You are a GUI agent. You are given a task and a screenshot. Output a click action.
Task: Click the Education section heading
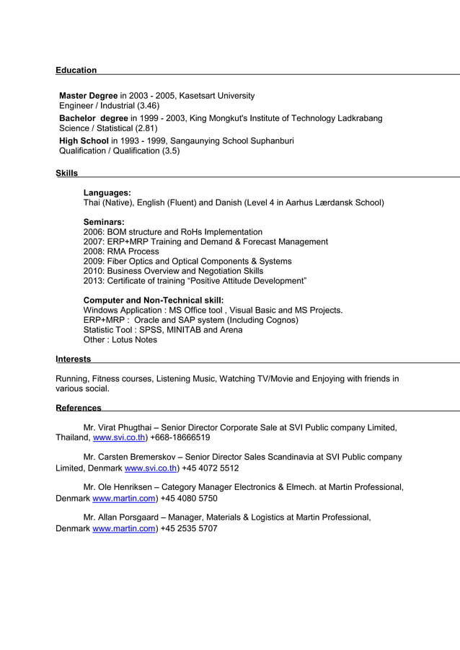(x=76, y=70)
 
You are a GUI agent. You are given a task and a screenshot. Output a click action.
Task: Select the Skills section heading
(x=66, y=173)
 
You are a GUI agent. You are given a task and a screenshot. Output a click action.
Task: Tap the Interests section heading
(x=73, y=359)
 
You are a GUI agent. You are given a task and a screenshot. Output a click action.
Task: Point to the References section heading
(x=78, y=408)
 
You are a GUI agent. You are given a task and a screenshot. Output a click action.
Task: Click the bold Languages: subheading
(x=107, y=193)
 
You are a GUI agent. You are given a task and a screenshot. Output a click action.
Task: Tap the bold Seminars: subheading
(x=104, y=222)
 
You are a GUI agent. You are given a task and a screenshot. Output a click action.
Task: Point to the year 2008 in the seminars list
(x=94, y=251)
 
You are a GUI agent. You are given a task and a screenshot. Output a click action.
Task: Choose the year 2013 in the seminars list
(x=94, y=280)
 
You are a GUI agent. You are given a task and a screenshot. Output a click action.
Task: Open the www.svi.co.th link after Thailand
(x=119, y=437)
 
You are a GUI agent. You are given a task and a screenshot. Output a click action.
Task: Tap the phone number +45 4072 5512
(x=211, y=468)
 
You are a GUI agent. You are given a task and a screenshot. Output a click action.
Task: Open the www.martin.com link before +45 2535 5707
(x=124, y=528)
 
